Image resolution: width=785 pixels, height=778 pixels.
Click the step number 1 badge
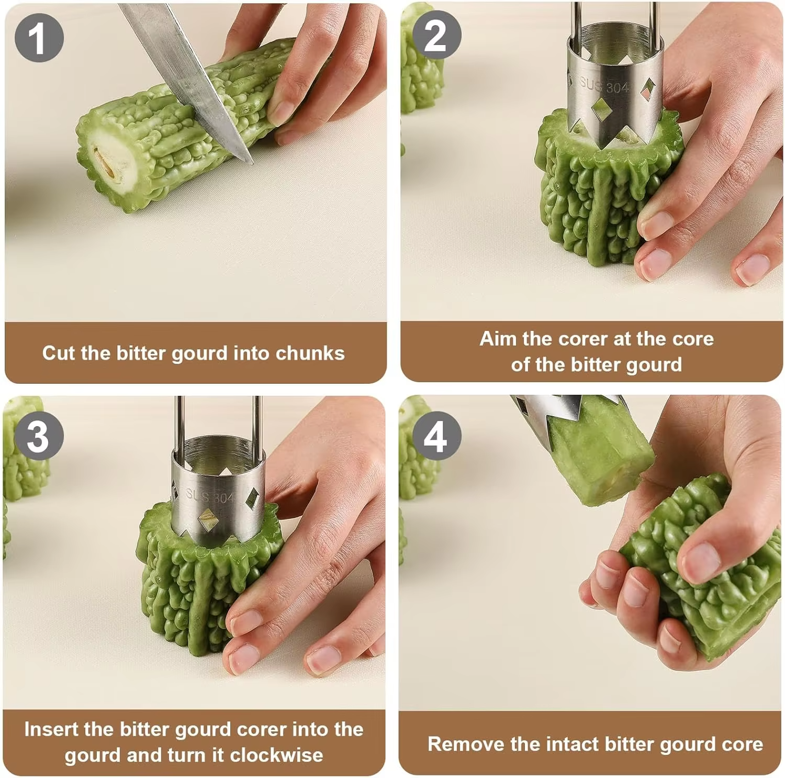39,38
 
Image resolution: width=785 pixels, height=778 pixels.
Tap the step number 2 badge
436,35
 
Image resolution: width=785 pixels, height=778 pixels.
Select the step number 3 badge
39,436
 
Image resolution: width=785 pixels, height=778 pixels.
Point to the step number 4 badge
436,436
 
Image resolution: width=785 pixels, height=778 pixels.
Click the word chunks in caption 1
310,353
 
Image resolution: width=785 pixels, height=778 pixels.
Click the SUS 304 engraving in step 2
604,85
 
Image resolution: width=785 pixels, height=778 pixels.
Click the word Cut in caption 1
59,353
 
